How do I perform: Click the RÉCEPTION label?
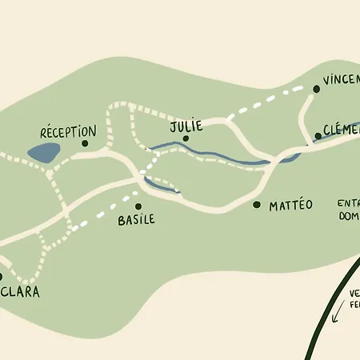(x=68, y=132)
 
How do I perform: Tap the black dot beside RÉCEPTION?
(x=85, y=144)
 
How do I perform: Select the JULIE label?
(x=186, y=126)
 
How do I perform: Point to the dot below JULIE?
(x=186, y=138)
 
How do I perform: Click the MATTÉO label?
(x=290, y=206)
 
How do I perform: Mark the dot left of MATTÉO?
(x=257, y=205)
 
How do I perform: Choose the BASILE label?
(x=135, y=219)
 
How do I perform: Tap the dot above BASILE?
(x=138, y=206)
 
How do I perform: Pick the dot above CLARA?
(x=1, y=278)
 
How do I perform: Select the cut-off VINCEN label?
(x=341, y=81)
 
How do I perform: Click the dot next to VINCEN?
(x=316, y=90)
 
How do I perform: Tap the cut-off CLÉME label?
(x=342, y=130)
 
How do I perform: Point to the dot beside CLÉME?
(x=318, y=136)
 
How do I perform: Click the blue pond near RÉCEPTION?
(x=42, y=152)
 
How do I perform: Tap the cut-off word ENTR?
(x=349, y=203)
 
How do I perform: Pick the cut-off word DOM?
(x=350, y=216)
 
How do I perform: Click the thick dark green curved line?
(x=320, y=320)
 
